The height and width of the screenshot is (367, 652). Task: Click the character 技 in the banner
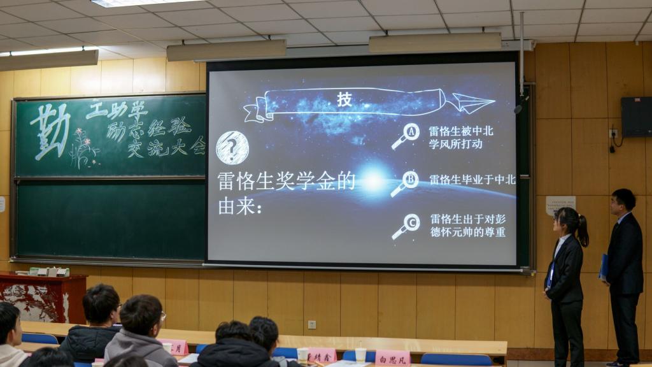click(344, 99)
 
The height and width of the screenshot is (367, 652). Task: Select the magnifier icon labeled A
click(406, 136)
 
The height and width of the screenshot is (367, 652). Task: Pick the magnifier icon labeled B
click(405, 183)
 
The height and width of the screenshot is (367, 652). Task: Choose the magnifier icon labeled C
click(406, 226)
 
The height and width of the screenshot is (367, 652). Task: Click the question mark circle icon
click(232, 148)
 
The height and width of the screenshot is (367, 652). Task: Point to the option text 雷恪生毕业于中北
click(472, 180)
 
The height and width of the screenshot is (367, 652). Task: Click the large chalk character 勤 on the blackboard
click(51, 130)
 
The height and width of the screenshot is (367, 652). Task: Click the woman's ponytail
click(582, 230)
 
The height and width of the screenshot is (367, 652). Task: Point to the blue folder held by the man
click(604, 266)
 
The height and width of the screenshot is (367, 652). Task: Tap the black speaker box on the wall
click(636, 117)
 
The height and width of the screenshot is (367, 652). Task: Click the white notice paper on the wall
click(560, 205)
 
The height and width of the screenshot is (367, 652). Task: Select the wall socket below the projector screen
click(312, 324)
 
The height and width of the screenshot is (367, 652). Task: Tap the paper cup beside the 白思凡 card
click(360, 354)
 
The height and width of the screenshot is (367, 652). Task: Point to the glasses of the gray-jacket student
click(162, 315)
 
